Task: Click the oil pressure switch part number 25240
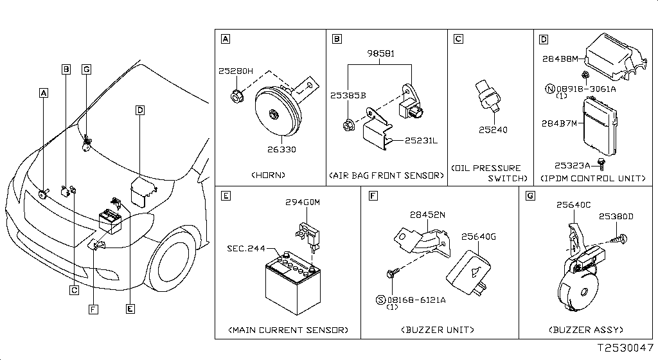tap(493, 130)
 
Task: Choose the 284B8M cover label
tap(557, 60)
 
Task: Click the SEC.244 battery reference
tap(245, 248)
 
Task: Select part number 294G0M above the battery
tap(303, 203)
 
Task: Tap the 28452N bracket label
tap(428, 215)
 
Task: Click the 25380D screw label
tap(617, 217)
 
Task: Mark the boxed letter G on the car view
tap(87, 69)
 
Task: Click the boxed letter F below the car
tap(94, 310)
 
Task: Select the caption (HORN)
tap(269, 175)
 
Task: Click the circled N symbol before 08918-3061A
tap(550, 88)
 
